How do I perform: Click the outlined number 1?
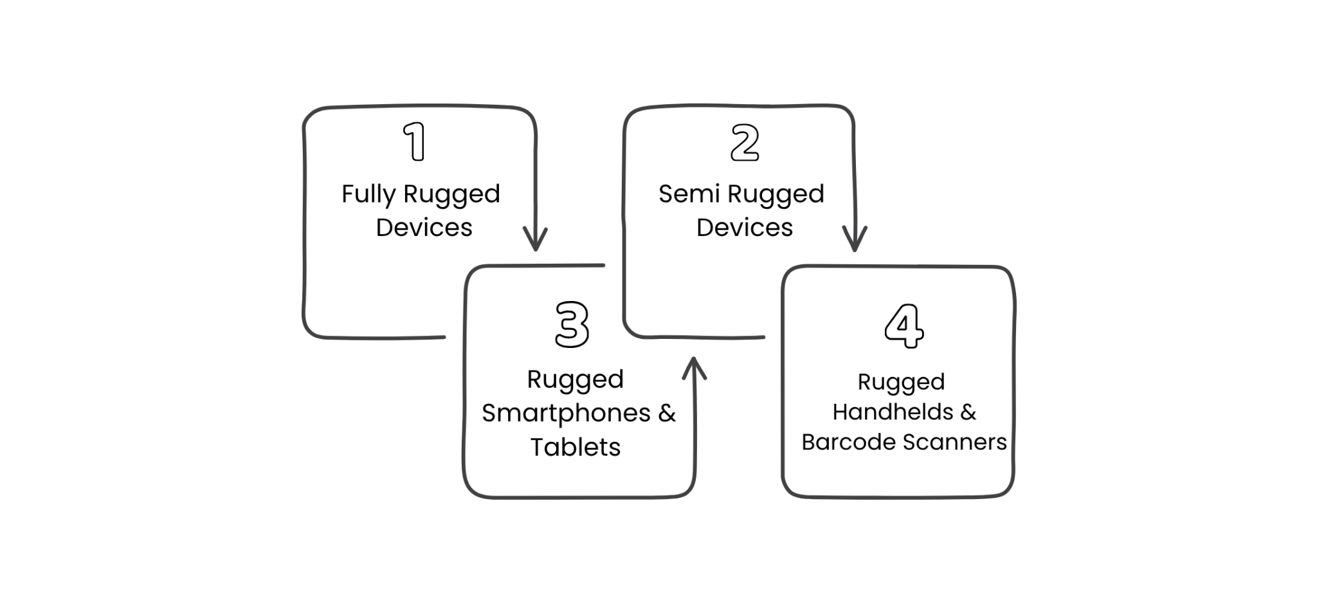tap(415, 141)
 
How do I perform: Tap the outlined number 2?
tap(745, 143)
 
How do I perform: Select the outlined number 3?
tap(572, 325)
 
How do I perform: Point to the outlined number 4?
tap(904, 326)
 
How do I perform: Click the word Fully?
tap(368, 194)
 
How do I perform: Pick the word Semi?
tap(689, 194)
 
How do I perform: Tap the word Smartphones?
tap(566, 414)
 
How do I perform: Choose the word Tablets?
tap(576, 447)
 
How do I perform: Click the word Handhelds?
tap(893, 412)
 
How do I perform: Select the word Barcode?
tap(849, 442)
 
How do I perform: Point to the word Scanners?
tap(955, 442)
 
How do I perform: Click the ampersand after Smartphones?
tap(667, 413)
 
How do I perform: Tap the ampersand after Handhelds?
tap(968, 412)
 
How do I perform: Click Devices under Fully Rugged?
tap(424, 228)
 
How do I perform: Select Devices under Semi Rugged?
tap(744, 228)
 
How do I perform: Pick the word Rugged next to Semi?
tap(776, 194)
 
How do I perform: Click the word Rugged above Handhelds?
tap(901, 383)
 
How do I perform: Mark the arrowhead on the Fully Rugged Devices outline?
tap(535, 239)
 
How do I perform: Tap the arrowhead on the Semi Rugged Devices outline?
tap(855, 239)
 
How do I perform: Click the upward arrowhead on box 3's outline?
tap(694, 369)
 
